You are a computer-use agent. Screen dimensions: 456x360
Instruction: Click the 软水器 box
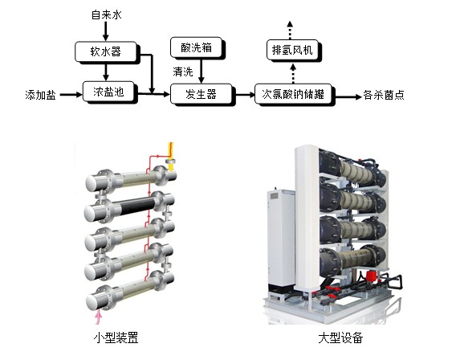106,51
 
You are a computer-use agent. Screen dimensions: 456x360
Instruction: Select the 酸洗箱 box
197,47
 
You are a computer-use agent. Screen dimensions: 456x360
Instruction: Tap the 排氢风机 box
292,50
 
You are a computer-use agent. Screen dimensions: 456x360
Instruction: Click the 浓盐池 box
108,92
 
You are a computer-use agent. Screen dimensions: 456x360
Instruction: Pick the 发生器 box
202,94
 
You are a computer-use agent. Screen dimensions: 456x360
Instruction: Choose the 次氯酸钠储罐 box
293,94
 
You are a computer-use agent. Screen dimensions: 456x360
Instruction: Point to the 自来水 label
107,14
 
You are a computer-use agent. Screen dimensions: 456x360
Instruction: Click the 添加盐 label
40,95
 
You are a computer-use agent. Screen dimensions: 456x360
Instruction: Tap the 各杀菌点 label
384,95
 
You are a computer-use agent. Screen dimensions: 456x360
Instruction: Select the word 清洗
183,72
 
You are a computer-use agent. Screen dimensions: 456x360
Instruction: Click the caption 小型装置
116,337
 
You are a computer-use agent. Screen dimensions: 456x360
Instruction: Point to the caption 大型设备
340,337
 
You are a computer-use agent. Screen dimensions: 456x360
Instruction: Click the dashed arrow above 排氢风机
290,30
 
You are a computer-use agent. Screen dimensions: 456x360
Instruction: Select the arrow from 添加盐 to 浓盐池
71,94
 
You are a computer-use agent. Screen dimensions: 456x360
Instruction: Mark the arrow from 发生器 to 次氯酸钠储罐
245,94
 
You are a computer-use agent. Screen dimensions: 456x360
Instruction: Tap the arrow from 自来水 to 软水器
105,31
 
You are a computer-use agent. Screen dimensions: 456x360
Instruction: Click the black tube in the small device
136,205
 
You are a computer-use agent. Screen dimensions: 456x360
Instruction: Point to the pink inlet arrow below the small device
99,317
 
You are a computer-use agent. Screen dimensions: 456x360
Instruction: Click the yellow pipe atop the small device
171,156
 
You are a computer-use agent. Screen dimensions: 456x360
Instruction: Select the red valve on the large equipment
370,276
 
